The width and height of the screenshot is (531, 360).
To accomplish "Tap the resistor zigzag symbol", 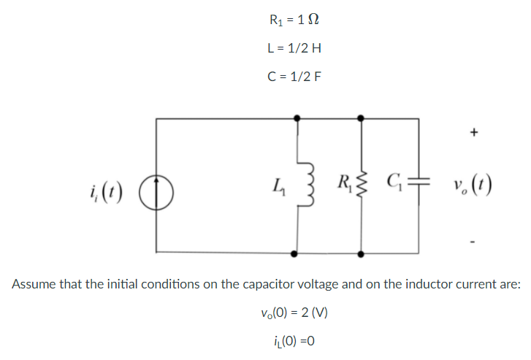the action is click(362, 184).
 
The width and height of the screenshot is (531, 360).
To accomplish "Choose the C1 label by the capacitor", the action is click(395, 183).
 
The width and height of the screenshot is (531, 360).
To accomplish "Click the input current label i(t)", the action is click(107, 193).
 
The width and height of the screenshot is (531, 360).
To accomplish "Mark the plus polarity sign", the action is click(474, 131).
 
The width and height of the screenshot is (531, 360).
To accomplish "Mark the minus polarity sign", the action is click(473, 242).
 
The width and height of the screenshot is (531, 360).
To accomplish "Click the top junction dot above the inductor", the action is click(297, 118).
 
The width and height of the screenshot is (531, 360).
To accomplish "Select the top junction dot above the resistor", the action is click(361, 118).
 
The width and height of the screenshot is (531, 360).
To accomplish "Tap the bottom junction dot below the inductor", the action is click(294, 253).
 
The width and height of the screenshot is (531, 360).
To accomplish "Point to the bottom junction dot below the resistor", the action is click(361, 254).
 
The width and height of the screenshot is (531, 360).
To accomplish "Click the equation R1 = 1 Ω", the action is click(294, 20).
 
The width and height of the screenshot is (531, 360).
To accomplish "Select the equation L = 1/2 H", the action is click(294, 48).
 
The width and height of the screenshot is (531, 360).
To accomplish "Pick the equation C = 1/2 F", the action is click(294, 77).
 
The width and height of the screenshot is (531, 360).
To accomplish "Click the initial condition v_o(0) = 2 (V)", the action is click(294, 313).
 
